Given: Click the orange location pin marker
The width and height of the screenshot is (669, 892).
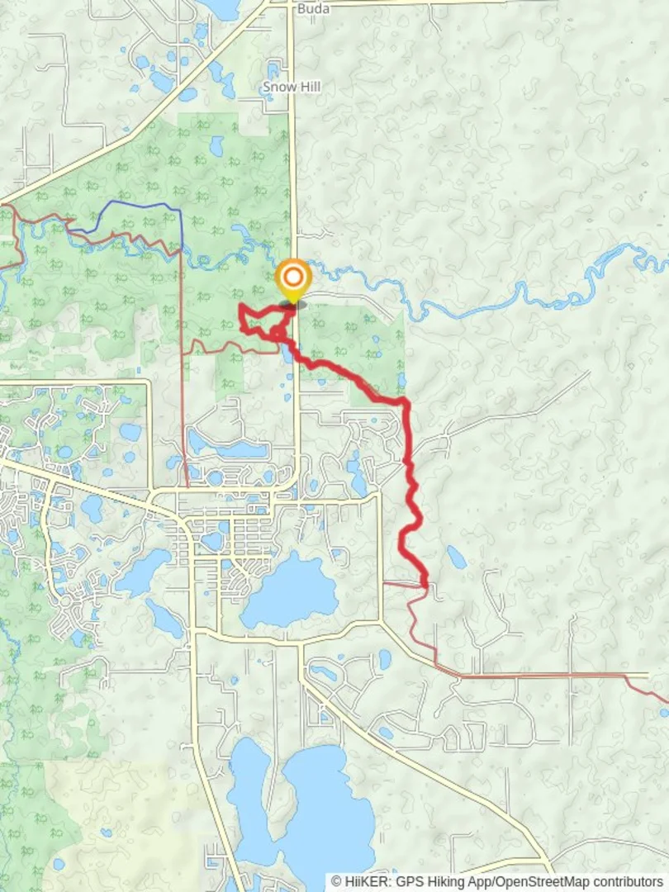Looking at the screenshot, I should pyautogui.click(x=292, y=278).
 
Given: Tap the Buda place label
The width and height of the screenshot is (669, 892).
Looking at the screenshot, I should pyautogui.click(x=312, y=8).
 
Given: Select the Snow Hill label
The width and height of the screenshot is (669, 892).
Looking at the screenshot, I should pyautogui.click(x=292, y=87).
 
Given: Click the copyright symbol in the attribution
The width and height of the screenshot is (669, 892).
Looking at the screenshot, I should pyautogui.click(x=336, y=882).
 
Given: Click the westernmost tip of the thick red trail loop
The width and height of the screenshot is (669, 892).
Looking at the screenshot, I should pyautogui.click(x=240, y=307).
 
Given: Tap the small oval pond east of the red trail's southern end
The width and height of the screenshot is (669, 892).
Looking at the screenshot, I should pyautogui.click(x=456, y=557).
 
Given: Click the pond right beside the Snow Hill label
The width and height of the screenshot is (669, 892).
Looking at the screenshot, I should pyautogui.click(x=273, y=69).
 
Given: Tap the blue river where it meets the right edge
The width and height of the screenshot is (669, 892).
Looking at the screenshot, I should pyautogui.click(x=661, y=263).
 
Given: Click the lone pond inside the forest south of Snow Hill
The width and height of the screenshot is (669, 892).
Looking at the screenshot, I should pyautogui.click(x=216, y=146).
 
